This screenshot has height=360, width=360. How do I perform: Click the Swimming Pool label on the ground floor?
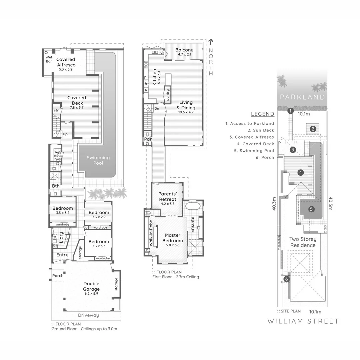[x=98, y=160]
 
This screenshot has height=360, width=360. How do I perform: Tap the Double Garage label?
[x=91, y=286]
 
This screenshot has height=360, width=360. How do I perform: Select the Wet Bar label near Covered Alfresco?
[x=49, y=59]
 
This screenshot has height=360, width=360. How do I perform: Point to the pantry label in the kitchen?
[x=168, y=95]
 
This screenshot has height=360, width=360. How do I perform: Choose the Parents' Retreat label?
[x=167, y=197]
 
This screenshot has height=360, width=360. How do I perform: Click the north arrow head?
[x=211, y=42]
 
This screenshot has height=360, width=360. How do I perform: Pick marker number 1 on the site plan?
[x=290, y=111]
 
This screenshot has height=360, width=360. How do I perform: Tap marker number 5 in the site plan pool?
[x=311, y=209]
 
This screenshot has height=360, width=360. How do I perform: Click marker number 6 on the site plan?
[x=286, y=279]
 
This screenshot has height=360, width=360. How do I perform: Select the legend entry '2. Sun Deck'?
[x=261, y=130]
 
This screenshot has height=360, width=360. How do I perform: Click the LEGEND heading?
[x=262, y=114]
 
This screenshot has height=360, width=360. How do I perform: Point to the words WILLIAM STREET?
[x=303, y=321]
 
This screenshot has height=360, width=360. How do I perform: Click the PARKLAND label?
[x=302, y=97]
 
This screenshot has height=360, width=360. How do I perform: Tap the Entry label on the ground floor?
[x=62, y=255]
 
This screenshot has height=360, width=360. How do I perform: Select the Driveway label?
[x=88, y=315]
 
